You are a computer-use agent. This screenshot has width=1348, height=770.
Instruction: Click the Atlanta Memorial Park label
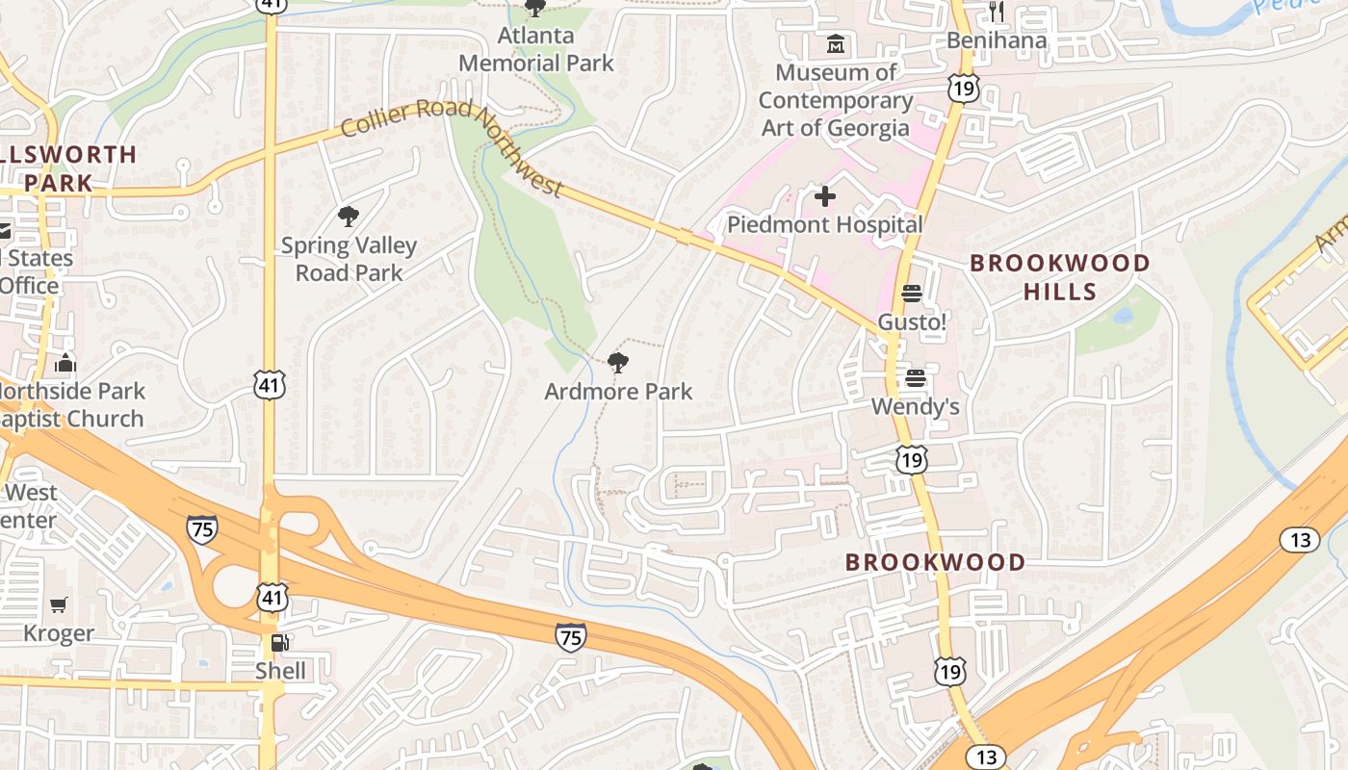click(535, 50)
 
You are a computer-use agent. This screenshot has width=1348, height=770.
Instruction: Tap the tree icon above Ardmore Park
click(618, 363)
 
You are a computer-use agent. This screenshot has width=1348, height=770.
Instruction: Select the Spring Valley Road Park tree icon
click(349, 217)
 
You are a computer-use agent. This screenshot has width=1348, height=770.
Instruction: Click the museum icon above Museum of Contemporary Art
click(836, 44)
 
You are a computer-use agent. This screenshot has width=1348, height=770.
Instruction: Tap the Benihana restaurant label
click(996, 40)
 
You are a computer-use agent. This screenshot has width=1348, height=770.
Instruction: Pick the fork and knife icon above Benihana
click(997, 12)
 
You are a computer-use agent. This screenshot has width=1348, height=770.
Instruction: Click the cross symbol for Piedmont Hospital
click(825, 196)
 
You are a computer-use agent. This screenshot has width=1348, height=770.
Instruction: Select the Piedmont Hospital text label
click(824, 225)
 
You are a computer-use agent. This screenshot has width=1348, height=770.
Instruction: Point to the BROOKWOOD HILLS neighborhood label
click(1059, 277)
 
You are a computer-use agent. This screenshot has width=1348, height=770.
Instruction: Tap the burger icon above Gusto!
click(911, 294)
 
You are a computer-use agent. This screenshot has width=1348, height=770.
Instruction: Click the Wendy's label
click(915, 407)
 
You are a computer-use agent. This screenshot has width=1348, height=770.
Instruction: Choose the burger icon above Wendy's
click(915, 378)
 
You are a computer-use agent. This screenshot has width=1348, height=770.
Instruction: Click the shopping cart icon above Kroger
click(59, 604)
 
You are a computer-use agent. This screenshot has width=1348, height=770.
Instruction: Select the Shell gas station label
click(280, 671)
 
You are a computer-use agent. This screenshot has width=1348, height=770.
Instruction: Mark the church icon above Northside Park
click(65, 363)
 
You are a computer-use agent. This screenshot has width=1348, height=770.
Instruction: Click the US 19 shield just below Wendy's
click(911, 460)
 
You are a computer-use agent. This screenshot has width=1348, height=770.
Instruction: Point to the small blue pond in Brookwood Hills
click(1123, 315)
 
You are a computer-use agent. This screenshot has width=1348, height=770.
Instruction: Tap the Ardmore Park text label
click(618, 392)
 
